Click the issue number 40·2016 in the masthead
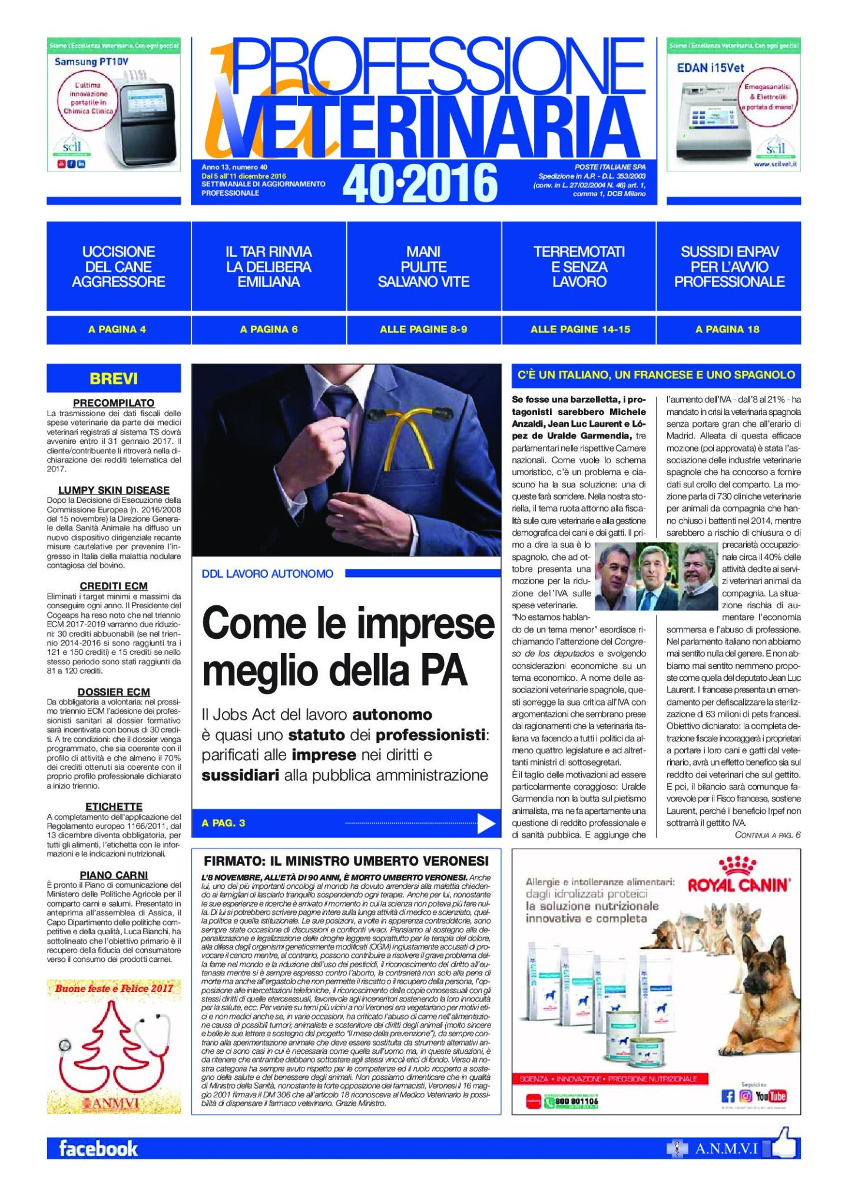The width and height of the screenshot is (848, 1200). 420,183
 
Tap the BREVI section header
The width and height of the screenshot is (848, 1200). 114,378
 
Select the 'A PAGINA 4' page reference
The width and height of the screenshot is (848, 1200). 117,329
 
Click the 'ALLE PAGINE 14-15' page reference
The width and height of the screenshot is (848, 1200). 580,329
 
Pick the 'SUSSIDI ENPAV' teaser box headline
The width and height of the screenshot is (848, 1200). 729,267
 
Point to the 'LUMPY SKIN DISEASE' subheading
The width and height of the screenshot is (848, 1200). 114,490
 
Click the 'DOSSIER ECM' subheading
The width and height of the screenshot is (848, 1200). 114,692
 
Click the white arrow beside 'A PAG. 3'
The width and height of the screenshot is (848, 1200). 486,823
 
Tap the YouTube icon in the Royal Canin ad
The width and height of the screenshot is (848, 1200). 771,1096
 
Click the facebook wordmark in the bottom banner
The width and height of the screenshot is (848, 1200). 98,1149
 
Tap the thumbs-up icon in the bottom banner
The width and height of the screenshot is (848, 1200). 783,1145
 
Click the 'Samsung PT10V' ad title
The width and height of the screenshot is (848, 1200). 91,61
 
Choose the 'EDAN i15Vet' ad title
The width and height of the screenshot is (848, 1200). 710,68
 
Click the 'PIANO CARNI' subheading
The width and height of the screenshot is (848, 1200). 114,875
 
